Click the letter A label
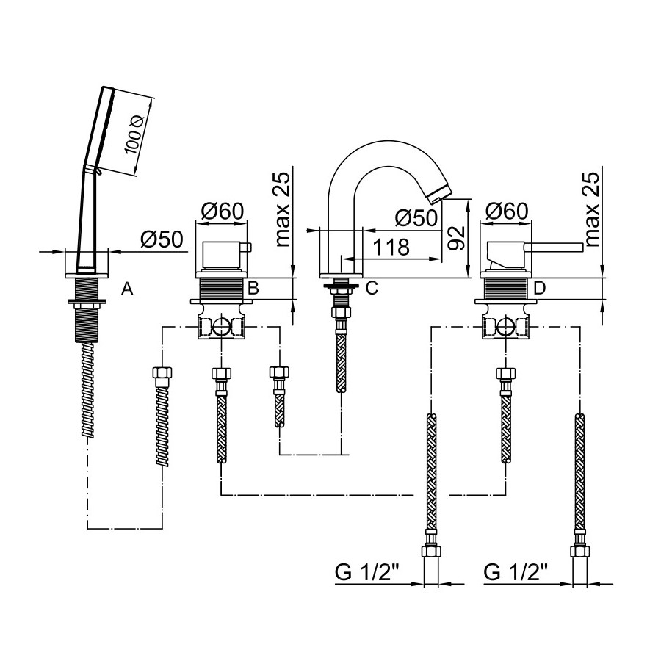(127, 290)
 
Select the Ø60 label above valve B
(222, 212)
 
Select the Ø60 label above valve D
(506, 212)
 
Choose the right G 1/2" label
(516, 572)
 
